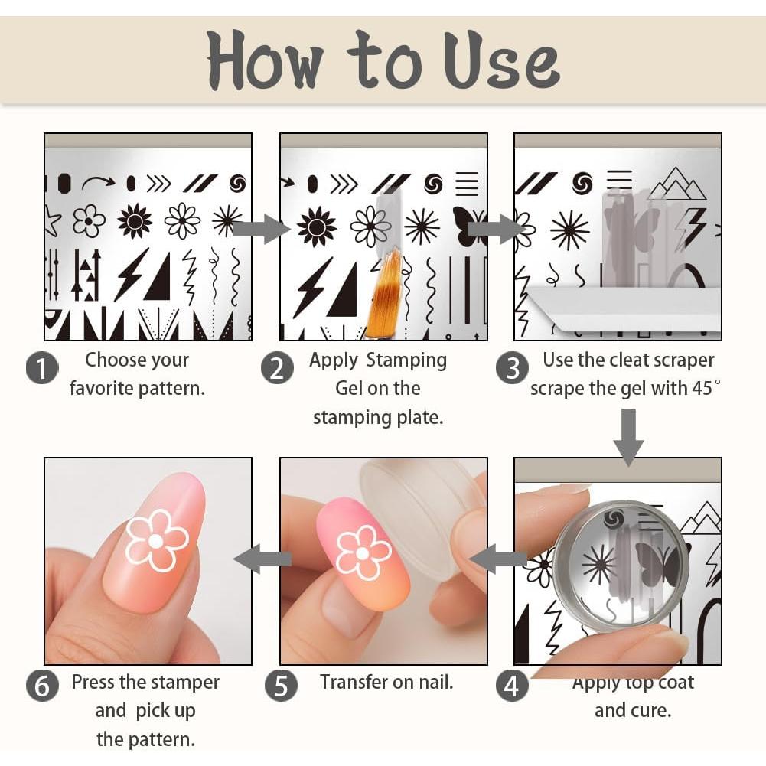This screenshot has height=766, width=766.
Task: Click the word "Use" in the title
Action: tap(502, 60)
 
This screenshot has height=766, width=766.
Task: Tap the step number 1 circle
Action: tap(42, 367)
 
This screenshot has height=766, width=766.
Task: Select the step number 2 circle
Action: tap(277, 367)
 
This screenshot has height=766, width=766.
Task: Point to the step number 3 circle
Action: tap(512, 367)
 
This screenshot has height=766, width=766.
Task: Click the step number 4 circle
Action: tap(512, 686)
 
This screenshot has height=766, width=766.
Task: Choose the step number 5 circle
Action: tap(281, 686)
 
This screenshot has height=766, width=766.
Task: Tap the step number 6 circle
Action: tap(42, 686)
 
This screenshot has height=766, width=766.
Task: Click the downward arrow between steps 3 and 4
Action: tap(629, 437)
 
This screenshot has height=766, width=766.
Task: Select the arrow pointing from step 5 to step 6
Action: tap(262, 559)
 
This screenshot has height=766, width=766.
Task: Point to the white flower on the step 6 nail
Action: tap(156, 540)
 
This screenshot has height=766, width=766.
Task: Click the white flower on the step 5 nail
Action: tap(363, 552)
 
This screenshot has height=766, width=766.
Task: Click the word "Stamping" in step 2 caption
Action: tap(406, 360)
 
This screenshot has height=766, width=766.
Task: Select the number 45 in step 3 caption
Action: tap(702, 388)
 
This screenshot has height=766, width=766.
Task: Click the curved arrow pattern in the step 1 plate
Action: tap(98, 183)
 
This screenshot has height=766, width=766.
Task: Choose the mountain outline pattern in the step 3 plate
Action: tap(677, 184)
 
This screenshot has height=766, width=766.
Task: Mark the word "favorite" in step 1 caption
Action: tap(101, 389)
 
